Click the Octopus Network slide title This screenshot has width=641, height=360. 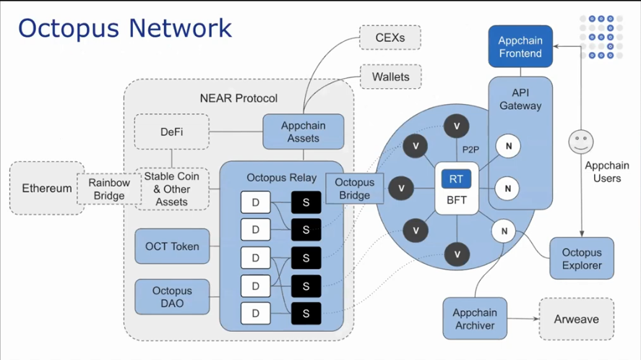[125, 28]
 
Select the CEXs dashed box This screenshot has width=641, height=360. [390, 38]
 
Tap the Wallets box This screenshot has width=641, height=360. [390, 77]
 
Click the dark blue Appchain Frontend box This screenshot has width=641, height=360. [520, 47]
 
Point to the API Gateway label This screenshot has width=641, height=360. [520, 99]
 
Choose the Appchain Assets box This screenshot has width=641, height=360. [303, 132]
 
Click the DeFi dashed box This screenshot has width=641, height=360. [172, 132]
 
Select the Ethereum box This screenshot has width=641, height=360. [47, 188]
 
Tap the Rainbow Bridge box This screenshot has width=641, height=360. [109, 189]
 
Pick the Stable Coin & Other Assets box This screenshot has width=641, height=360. [172, 189]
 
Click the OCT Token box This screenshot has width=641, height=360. [172, 247]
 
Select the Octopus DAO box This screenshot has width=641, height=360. [172, 297]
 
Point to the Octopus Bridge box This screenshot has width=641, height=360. [354, 189]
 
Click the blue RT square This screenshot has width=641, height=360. [456, 179]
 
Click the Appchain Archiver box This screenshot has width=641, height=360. [475, 319]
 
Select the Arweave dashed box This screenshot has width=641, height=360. [576, 319]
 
